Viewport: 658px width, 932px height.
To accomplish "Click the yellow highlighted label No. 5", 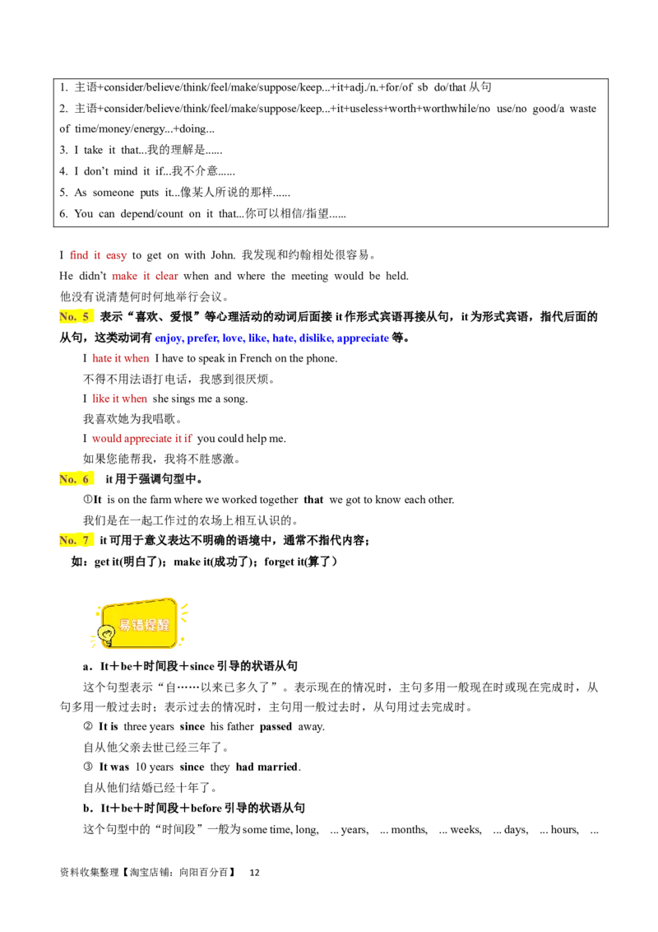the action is (x=76, y=317).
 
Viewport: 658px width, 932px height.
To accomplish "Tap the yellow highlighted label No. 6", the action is (x=76, y=479).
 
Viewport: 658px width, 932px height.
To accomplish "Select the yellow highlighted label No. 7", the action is (x=76, y=540).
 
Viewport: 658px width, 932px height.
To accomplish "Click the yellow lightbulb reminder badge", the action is (x=140, y=623).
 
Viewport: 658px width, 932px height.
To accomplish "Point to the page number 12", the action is (x=254, y=873).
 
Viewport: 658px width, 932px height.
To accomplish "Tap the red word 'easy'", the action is (x=117, y=255).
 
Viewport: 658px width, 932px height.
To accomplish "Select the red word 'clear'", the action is (x=167, y=276).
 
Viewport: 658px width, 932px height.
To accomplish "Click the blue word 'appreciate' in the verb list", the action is (x=363, y=338).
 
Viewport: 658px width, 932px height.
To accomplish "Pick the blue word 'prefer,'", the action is (x=202, y=338).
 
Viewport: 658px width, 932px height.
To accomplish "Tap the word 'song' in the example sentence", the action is (x=236, y=399).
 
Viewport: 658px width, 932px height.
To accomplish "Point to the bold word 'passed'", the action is (x=276, y=727).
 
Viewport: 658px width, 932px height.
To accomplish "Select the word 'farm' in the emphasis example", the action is (x=160, y=500).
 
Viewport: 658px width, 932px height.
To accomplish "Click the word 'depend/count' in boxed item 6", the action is (x=151, y=214).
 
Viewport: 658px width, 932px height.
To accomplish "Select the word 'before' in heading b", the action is (x=206, y=809).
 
